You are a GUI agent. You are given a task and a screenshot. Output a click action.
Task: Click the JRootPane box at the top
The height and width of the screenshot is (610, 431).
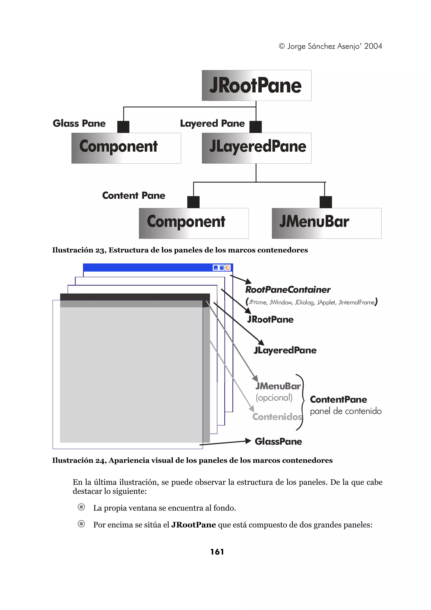[256, 85]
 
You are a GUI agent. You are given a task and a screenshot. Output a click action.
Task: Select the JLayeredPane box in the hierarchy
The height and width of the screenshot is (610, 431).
[256, 148]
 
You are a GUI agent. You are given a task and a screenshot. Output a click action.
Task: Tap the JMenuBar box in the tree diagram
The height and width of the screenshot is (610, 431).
[326, 223]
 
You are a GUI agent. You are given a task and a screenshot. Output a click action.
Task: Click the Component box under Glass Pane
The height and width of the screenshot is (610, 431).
[126, 148]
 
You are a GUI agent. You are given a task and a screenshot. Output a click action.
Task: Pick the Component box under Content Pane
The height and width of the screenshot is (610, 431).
[194, 223]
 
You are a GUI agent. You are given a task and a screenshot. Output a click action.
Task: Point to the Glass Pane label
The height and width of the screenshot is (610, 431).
[79, 124]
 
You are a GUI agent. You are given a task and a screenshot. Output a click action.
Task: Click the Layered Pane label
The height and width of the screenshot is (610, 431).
[212, 124]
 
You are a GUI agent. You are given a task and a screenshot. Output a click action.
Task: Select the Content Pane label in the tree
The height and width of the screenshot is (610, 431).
[134, 196]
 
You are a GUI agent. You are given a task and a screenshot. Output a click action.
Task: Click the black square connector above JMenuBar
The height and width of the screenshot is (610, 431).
[326, 202]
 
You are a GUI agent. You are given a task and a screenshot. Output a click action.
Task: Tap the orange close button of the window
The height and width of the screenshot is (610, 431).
[228, 268]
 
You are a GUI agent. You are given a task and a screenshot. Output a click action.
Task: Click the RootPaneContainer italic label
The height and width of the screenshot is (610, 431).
[288, 290]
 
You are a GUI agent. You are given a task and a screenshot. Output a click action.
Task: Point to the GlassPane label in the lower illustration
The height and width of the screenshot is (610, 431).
[278, 442]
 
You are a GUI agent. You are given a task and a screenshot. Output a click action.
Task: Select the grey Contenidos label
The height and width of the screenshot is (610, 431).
[277, 417]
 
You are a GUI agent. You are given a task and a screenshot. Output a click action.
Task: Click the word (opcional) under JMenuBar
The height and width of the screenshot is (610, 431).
[274, 398]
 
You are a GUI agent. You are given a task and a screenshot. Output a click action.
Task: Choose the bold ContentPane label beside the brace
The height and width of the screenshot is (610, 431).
[338, 400]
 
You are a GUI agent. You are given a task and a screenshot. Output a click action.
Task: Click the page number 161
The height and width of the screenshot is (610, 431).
[217, 552]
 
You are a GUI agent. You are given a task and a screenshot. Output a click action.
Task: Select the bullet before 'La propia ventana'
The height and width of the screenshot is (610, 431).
[81, 507]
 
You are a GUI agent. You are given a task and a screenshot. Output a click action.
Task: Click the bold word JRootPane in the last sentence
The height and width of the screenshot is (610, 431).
[193, 525]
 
